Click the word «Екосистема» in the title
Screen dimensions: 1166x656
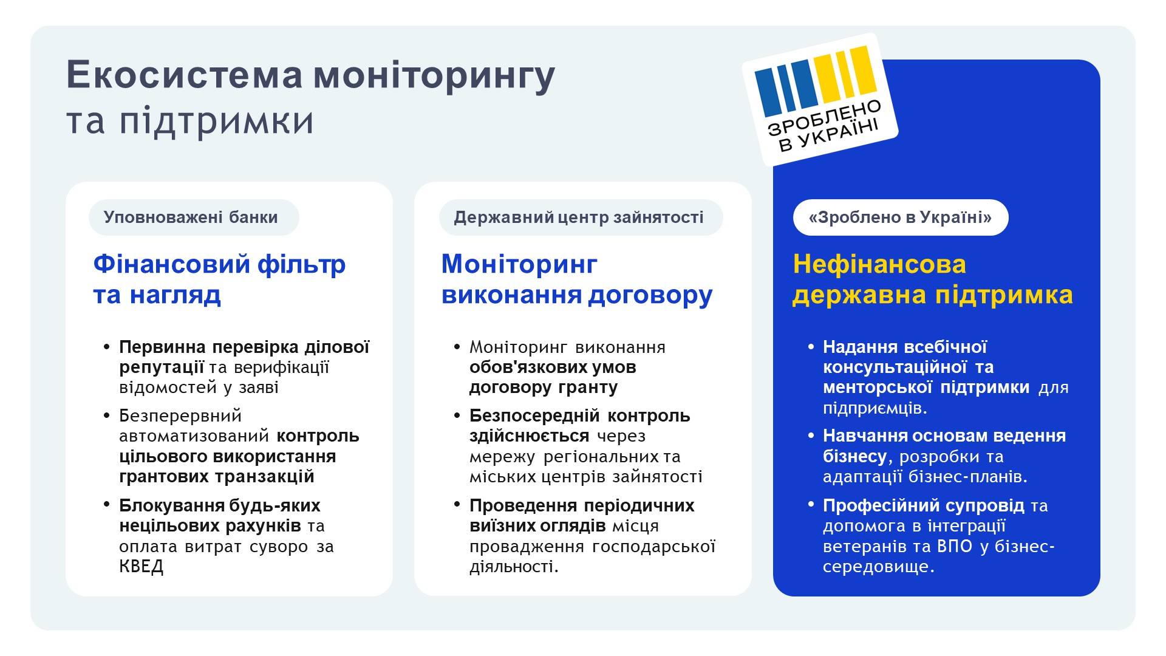point(185,75)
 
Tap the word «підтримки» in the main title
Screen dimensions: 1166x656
point(216,121)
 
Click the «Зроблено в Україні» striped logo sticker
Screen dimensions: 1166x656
point(820,99)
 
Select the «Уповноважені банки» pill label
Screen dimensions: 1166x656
point(194,217)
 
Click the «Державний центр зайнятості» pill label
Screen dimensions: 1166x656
point(581,217)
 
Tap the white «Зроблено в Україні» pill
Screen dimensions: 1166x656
point(901,217)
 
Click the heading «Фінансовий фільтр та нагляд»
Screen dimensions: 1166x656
point(219,279)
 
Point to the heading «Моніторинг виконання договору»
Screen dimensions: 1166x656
point(577,279)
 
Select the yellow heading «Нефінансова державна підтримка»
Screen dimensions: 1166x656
point(933,279)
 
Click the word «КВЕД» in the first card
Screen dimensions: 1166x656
point(141,567)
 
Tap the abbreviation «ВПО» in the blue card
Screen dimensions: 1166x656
point(955,546)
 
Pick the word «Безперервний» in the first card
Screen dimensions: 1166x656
point(180,416)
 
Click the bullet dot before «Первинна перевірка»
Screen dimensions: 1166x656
point(107,347)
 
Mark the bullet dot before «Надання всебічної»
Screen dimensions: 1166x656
point(811,347)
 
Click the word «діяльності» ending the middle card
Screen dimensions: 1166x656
point(514,567)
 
